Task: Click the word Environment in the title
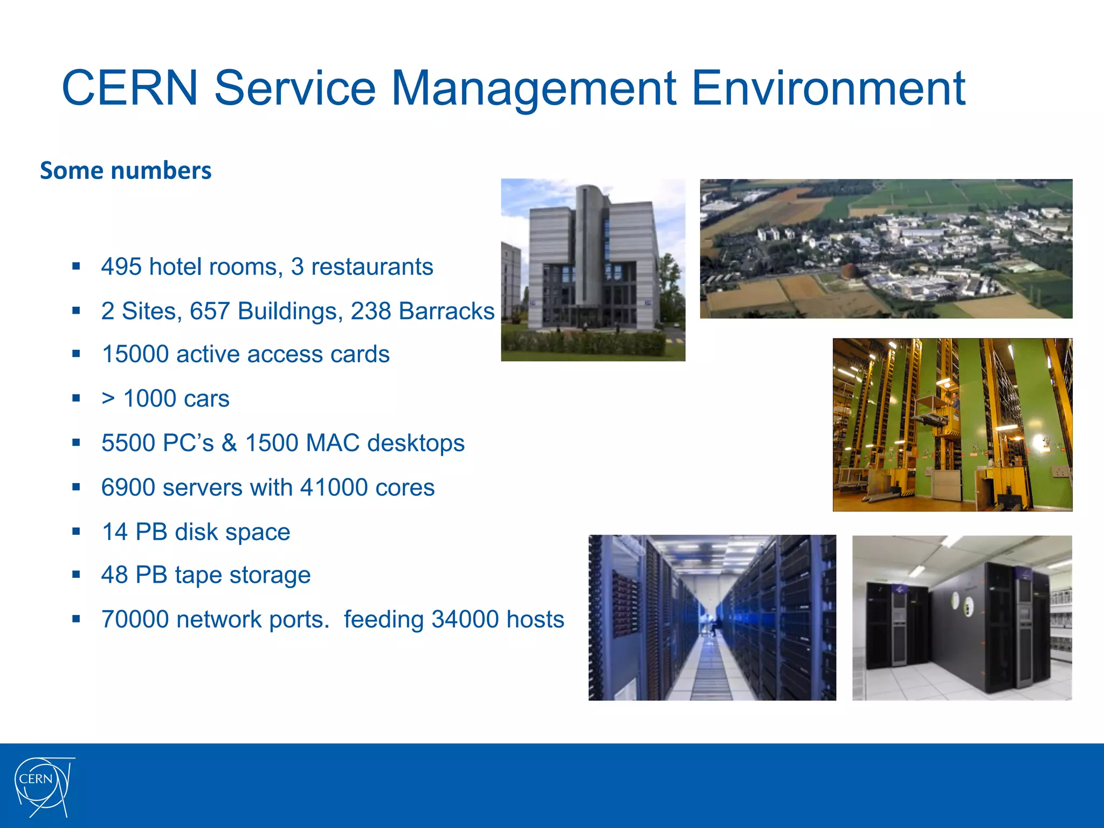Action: [x=828, y=88]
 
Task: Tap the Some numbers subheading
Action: [x=126, y=171]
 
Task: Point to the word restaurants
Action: [x=372, y=267]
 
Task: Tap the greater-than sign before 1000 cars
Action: [x=108, y=399]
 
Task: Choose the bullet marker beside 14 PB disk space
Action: [x=76, y=532]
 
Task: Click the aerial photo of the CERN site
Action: [x=886, y=249]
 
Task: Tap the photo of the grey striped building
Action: [x=593, y=270]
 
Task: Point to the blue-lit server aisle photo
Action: [x=712, y=617]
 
